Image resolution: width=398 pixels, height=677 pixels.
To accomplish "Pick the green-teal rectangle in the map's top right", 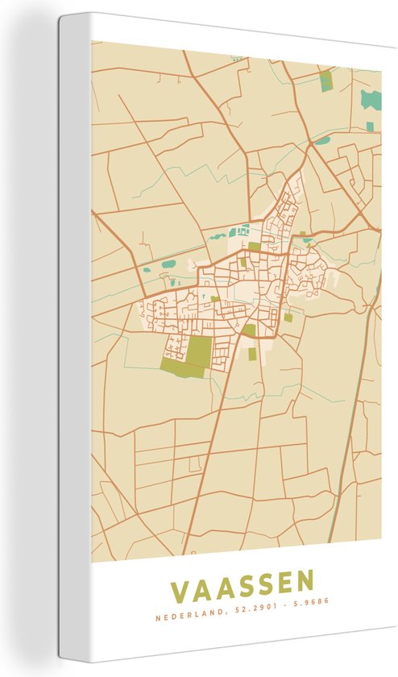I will pos(325,81).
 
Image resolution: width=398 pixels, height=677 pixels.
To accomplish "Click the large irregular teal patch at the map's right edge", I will pos(371,100).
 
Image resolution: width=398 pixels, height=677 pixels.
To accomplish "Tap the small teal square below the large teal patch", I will pos(370,127).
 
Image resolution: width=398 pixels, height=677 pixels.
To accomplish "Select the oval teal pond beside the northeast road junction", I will pos(322,140).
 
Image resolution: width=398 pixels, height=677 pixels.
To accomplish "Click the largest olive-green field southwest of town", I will pos(198,351).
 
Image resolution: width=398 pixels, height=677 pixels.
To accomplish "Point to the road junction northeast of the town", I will pos(309,145).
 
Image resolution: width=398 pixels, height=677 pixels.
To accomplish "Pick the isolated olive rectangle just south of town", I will pos(252,353).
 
